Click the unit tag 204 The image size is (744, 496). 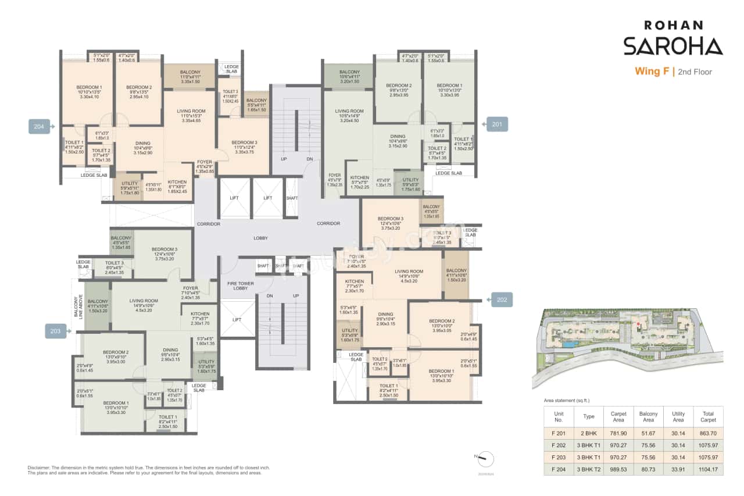coord(39,125)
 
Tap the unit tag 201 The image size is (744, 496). coord(497,124)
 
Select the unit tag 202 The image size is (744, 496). coord(502,299)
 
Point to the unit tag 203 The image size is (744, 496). coord(56,331)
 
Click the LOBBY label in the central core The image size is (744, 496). coord(260,238)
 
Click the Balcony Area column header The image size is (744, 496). coord(648,416)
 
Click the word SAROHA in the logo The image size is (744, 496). coord(673,46)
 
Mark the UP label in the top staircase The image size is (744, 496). coord(283,158)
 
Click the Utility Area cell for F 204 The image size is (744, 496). coord(678,468)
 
